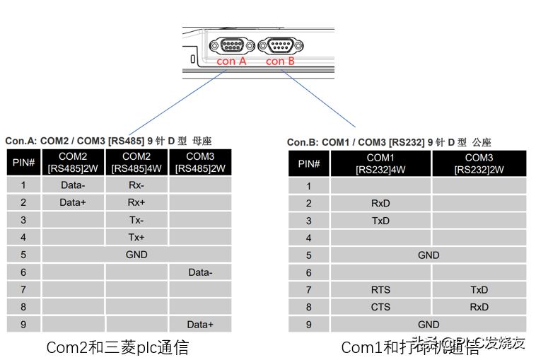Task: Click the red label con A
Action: pyautogui.click(x=231, y=62)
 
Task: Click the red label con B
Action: pyautogui.click(x=280, y=62)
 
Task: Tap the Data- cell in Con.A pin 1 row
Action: pyautogui.click(x=73, y=185)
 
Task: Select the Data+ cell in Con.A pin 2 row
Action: pyautogui.click(x=73, y=202)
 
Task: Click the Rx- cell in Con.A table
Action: pyautogui.click(x=136, y=185)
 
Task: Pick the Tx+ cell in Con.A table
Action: pyautogui.click(x=136, y=237)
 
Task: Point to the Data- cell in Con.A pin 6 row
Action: pyautogui.click(x=200, y=272)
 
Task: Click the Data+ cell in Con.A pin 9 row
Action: pyautogui.click(x=200, y=324)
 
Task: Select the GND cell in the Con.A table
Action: pyautogui.click(x=136, y=255)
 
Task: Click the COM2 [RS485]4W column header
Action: pyautogui.click(x=136, y=162)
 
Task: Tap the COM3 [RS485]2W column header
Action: pyautogui.click(x=200, y=162)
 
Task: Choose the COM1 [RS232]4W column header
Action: pyautogui.click(x=380, y=163)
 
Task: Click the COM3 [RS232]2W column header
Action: pyautogui.click(x=479, y=163)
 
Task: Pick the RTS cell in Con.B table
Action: pyautogui.click(x=380, y=290)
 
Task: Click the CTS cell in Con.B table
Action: pyautogui.click(x=380, y=307)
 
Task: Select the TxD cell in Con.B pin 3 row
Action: pyautogui.click(x=380, y=221)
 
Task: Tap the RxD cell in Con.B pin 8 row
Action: pyautogui.click(x=479, y=307)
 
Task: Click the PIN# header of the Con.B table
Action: pyautogui.click(x=309, y=163)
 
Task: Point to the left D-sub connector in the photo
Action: pyautogui.click(x=231, y=46)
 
